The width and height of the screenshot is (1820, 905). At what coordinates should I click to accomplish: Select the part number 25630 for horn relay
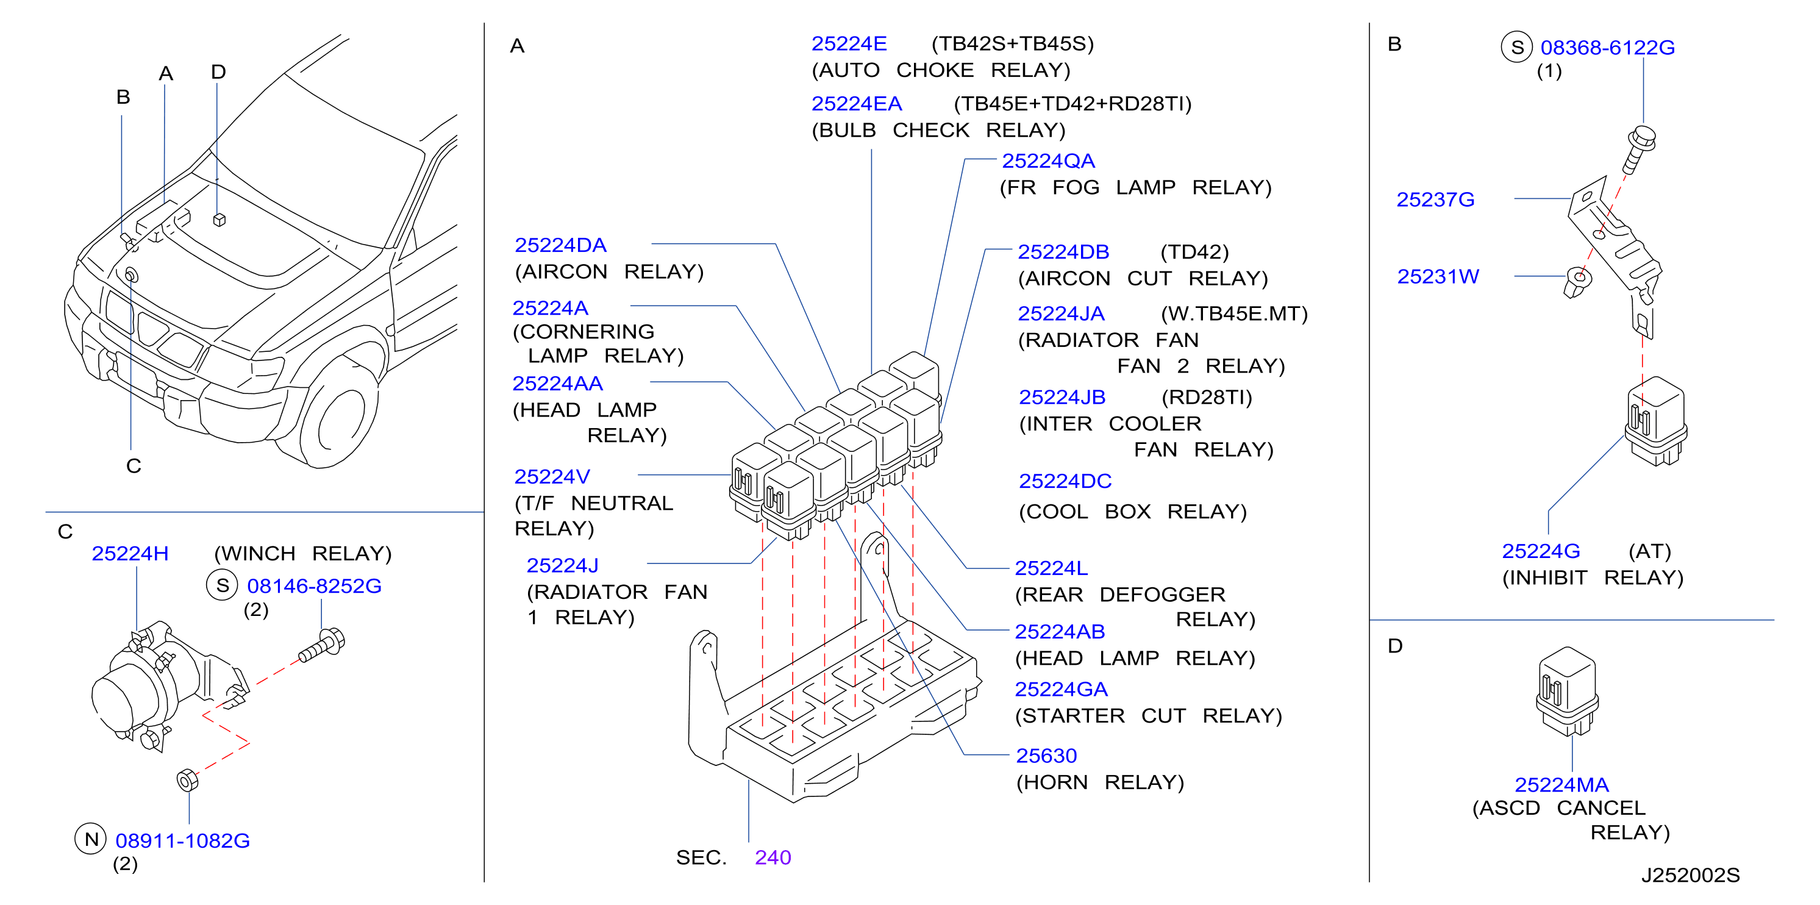pos(1046,756)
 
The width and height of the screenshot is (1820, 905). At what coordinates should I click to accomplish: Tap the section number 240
pos(773,857)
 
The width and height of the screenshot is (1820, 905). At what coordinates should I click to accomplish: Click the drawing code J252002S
pos(1690,875)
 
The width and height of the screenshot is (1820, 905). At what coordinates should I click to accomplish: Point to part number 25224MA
pos(1561,785)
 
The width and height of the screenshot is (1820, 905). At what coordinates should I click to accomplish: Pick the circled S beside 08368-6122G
pos(1516,48)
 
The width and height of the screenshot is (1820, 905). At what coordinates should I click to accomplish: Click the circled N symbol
pos(91,839)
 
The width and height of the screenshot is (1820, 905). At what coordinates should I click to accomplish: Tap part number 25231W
pos(1438,277)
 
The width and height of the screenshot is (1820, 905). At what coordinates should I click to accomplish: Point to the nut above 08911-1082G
pos(187,781)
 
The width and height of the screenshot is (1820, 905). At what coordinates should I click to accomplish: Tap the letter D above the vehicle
pos(218,72)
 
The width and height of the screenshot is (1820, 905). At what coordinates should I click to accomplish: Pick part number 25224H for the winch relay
pos(130,554)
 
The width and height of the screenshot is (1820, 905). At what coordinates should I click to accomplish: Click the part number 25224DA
pos(560,245)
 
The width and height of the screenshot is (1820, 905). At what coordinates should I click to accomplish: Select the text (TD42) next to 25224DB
pos(1194,252)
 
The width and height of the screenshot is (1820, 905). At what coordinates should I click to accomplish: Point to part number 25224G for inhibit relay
pos(1541,551)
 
